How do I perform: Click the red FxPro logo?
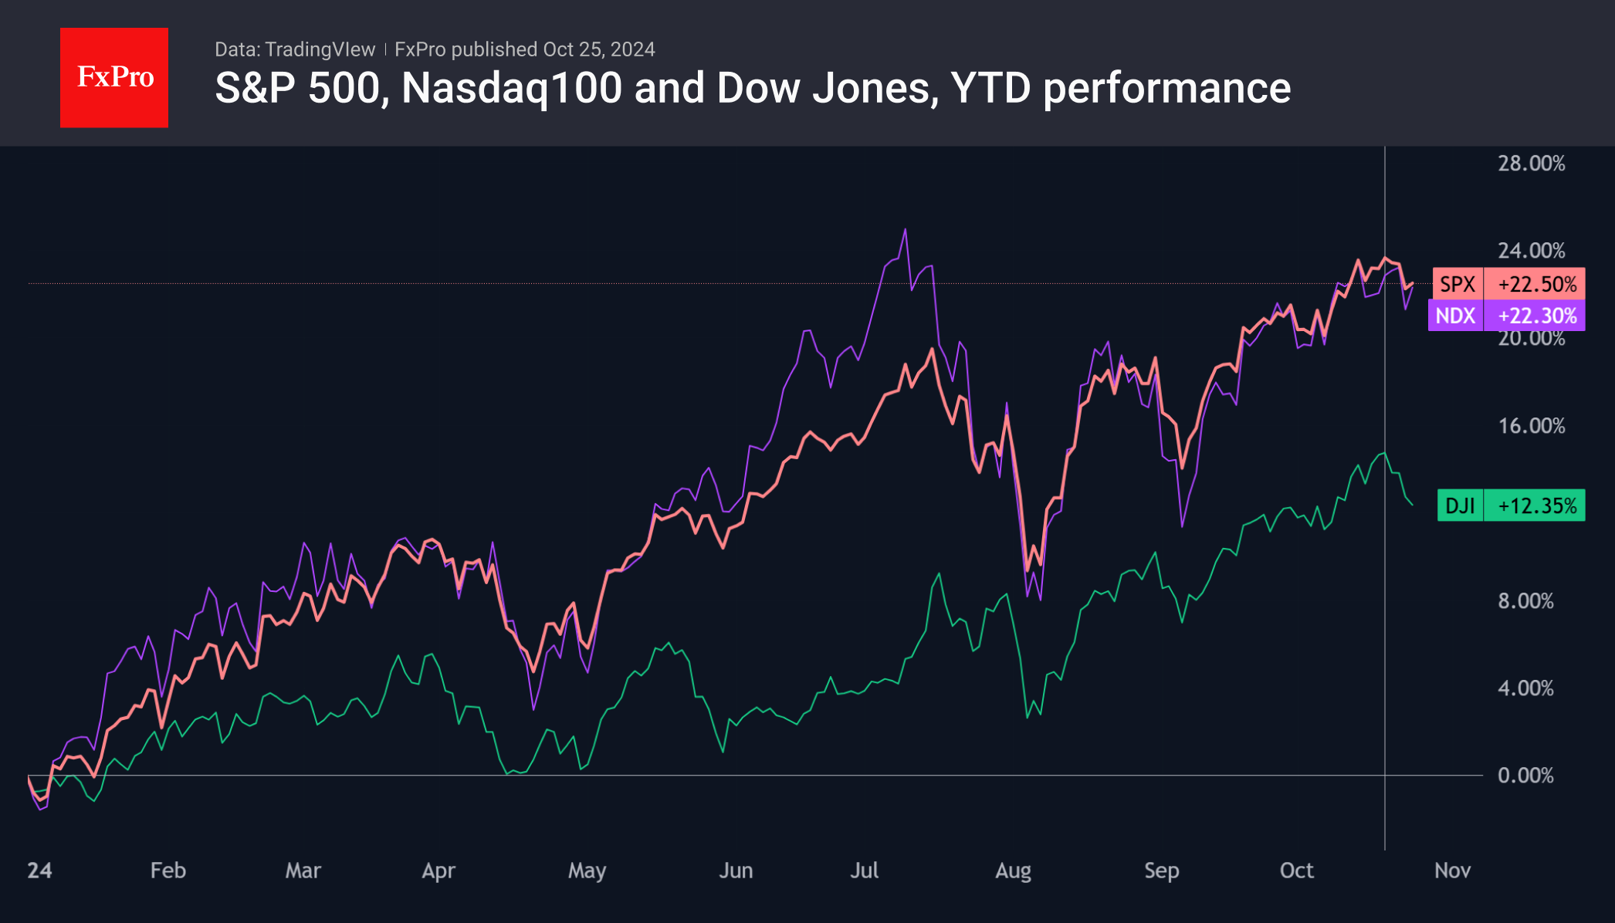click(114, 77)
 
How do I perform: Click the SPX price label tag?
click(1458, 284)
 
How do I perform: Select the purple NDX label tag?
click(1455, 316)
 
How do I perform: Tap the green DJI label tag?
click(1460, 505)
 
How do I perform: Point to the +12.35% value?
click(1537, 505)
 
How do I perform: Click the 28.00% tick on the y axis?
click(1531, 164)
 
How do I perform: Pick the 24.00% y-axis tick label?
click(1531, 251)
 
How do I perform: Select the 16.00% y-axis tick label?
click(1531, 426)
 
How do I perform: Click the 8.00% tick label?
click(1525, 601)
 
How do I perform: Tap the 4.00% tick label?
click(1525, 688)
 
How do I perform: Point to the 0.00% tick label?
click(1525, 776)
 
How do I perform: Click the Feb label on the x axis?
click(168, 871)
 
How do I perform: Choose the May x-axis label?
click(587, 871)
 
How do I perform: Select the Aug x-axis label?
click(1013, 871)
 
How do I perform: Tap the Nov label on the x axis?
click(1452, 871)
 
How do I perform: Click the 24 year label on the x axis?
click(39, 871)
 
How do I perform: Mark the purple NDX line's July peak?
click(906, 229)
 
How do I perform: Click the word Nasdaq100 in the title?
click(512, 88)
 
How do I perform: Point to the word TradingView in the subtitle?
click(320, 49)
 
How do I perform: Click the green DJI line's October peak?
click(1384, 453)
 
